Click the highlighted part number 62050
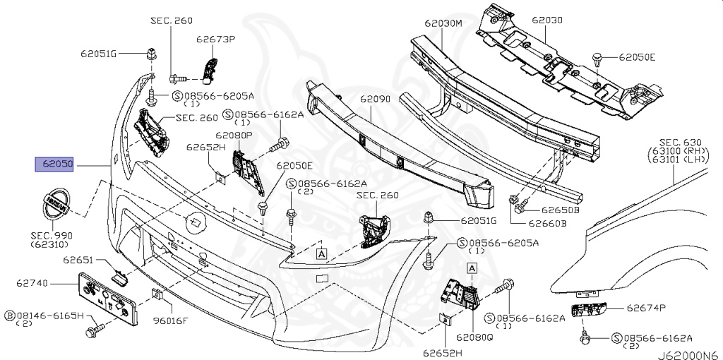56,164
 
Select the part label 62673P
215,39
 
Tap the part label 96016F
171,320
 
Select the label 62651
78,260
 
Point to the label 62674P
645,308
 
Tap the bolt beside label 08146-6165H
92,330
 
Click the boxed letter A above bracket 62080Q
472,268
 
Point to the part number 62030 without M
548,20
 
